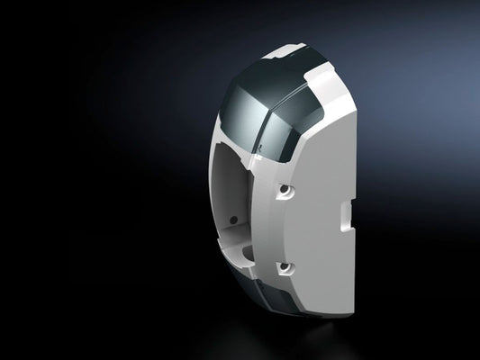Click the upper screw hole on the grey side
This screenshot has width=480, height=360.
pos(285,191)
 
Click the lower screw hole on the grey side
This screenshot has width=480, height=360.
pos(285,267)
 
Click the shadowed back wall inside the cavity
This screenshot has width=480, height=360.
pos(236,193)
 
